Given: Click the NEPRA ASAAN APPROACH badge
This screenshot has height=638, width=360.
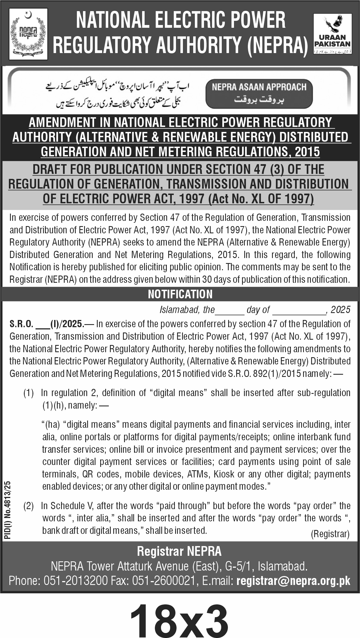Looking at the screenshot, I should point(259,93).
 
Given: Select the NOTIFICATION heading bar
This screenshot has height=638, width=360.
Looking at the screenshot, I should point(180,294).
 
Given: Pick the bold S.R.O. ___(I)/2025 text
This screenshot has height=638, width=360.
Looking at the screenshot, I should point(46,324).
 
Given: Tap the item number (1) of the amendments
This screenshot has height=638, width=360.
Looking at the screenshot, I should point(28,393).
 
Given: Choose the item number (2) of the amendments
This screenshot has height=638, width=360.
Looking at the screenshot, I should point(28,506).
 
